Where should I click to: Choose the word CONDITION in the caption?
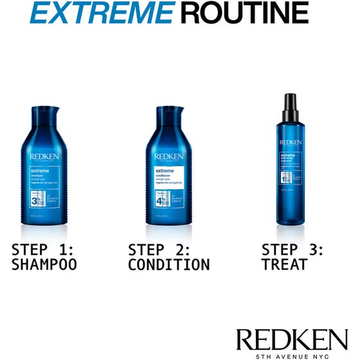[168, 264]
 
